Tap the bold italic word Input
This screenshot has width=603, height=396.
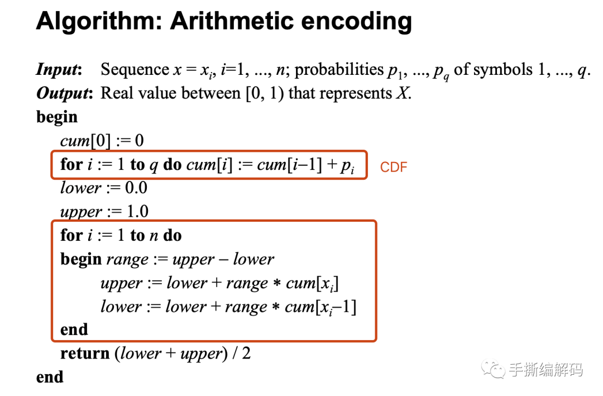click(x=59, y=70)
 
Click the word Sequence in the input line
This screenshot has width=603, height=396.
click(x=135, y=70)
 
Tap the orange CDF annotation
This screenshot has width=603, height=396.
click(x=394, y=167)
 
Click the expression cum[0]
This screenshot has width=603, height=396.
click(x=85, y=141)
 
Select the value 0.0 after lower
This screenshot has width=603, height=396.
click(x=136, y=188)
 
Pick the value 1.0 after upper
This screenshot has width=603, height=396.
click(x=137, y=212)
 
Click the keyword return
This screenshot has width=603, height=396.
click(x=85, y=354)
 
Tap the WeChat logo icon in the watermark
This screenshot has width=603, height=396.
click(x=493, y=369)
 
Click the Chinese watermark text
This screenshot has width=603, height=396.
click(x=545, y=369)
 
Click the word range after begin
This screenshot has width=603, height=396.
click(x=127, y=260)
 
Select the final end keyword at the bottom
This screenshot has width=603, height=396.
click(x=50, y=377)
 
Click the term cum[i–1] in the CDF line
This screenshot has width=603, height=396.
click(x=290, y=165)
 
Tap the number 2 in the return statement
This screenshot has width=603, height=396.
click(x=247, y=354)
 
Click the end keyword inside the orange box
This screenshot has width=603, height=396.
click(x=74, y=330)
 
